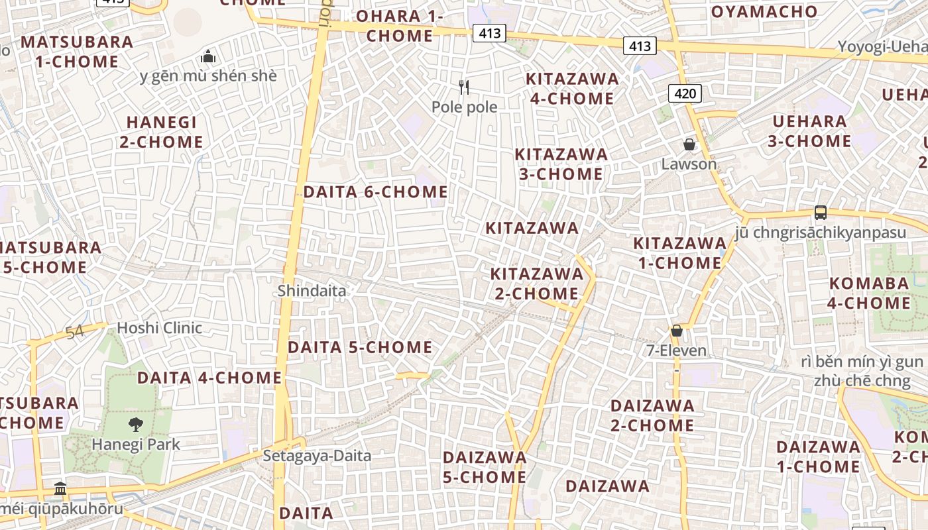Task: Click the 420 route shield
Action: pos(685,93)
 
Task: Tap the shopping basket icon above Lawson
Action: pos(689,144)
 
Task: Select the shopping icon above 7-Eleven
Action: pos(677,330)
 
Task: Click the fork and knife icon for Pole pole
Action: pos(464,87)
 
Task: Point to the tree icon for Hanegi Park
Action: pos(136,425)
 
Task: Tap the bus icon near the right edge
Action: pos(820,213)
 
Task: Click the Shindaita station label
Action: pos(312,290)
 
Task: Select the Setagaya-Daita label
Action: pos(317,456)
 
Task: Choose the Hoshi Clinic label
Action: pos(159,327)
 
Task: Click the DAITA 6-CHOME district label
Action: pos(375,192)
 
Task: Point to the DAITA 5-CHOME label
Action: pos(360,347)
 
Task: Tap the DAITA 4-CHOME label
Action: pos(209,378)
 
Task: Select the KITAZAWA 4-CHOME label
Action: pos(571,89)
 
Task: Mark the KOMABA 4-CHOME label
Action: pos(870,293)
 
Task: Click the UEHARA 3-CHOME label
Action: pos(810,131)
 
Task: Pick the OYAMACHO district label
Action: pos(764,11)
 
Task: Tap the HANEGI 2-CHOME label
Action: pos(161,132)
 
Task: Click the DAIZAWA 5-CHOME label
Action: pos(485,467)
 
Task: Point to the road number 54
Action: pos(75,332)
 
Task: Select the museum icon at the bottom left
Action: pos(60,489)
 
